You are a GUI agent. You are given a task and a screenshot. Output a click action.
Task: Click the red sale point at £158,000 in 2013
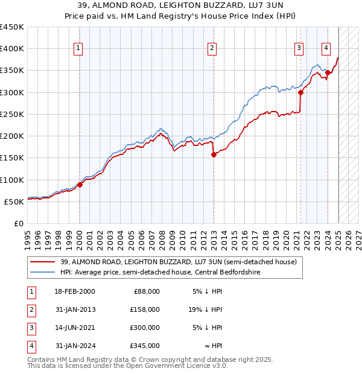pyautogui.click(x=214, y=154)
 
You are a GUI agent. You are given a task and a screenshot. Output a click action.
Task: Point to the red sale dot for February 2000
pyautogui.click(x=80, y=185)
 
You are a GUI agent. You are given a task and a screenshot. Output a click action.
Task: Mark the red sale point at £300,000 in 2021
pyautogui.click(x=300, y=93)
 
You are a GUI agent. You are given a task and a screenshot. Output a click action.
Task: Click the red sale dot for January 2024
pyautogui.click(x=328, y=73)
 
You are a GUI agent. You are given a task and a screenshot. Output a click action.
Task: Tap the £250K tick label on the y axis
pyautogui.click(x=12, y=114)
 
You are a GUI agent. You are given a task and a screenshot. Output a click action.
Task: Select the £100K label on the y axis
pyautogui.click(x=12, y=180)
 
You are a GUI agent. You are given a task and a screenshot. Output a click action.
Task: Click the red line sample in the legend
pyautogui.click(x=42, y=262)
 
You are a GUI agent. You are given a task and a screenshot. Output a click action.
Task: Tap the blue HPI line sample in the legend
pyautogui.click(x=42, y=272)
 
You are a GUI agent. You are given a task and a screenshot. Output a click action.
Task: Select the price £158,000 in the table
pyautogui.click(x=145, y=309)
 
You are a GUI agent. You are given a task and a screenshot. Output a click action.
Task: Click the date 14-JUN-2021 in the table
pyautogui.click(x=75, y=328)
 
